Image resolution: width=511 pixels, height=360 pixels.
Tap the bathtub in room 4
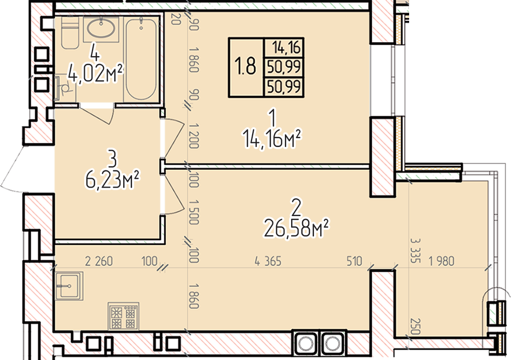(x=141, y=59)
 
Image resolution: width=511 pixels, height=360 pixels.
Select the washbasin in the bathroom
(x=101, y=29)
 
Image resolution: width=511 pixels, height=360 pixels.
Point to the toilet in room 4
(x=70, y=33)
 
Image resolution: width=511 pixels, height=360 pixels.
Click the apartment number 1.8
(x=245, y=66)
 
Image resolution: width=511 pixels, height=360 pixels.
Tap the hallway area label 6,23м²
(x=112, y=180)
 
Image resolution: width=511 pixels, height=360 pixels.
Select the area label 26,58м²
(x=296, y=229)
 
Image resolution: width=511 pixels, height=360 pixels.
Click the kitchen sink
(x=69, y=286)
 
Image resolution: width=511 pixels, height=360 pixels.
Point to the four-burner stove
(x=124, y=316)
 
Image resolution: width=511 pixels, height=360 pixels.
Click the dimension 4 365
(x=268, y=261)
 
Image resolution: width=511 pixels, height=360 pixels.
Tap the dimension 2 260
(x=99, y=261)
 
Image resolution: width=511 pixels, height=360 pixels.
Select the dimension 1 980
(x=441, y=261)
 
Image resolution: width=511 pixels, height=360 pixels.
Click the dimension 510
(x=354, y=261)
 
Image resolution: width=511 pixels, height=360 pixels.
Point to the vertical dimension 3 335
(x=415, y=250)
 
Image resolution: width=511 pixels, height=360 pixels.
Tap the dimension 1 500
(x=194, y=212)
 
